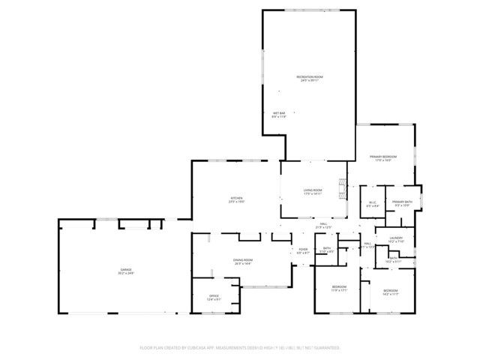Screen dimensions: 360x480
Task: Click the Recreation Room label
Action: pyautogui.click(x=309, y=77)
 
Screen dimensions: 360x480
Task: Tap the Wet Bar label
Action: pyautogui.click(x=279, y=112)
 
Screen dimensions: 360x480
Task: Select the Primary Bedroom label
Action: pyautogui.click(x=382, y=156)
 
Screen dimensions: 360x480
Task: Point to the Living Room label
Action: pyautogui.click(x=313, y=191)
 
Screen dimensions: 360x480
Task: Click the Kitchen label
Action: pyautogui.click(x=236, y=199)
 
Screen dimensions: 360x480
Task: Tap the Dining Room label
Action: pyautogui.click(x=242, y=259)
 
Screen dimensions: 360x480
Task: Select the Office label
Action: pyautogui.click(x=214, y=296)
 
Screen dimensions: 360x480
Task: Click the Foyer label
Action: pyautogui.click(x=303, y=249)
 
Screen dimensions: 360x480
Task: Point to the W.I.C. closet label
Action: pyautogui.click(x=372, y=202)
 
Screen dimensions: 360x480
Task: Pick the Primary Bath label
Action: pyautogui.click(x=402, y=202)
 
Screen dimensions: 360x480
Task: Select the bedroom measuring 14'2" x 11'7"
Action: pyautogui.click(x=390, y=290)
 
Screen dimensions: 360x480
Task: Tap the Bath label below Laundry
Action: pyautogui.click(x=393, y=258)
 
